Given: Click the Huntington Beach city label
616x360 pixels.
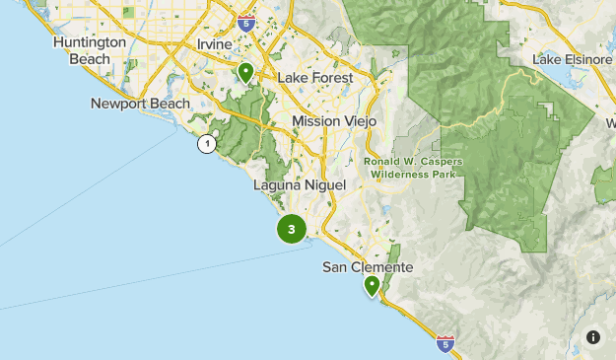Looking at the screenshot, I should click(x=90, y=50).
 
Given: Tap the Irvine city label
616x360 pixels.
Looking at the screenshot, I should click(x=214, y=45).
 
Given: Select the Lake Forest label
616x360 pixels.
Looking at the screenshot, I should click(x=313, y=77).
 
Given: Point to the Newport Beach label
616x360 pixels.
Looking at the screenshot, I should click(x=140, y=104).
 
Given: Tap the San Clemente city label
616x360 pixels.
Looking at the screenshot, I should click(x=368, y=267).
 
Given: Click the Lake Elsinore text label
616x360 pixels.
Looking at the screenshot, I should click(x=573, y=59).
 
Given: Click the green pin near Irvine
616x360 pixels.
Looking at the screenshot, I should click(x=245, y=72).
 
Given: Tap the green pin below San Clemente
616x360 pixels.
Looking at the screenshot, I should click(x=372, y=286).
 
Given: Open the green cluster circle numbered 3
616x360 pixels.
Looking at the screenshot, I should click(x=291, y=230).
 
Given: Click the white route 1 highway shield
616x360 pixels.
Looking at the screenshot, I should click(x=206, y=145).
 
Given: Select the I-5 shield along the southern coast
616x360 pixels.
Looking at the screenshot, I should click(x=445, y=343).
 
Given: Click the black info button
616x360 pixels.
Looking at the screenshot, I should click(x=593, y=337).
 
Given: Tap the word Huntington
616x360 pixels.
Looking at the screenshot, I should click(x=90, y=42).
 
